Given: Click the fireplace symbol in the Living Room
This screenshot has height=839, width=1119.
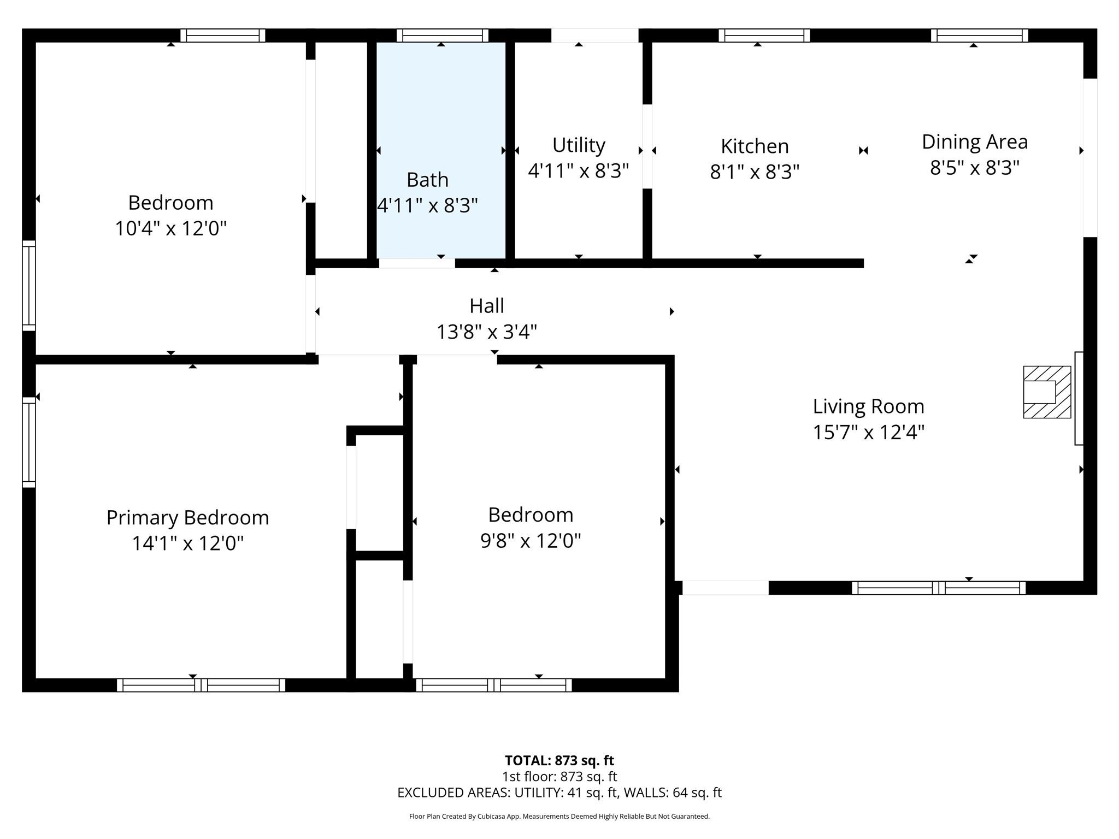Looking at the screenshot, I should coord(1046,392).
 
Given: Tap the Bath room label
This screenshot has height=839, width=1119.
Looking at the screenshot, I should coord(427,180).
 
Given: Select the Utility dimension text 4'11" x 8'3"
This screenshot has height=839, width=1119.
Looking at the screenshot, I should coord(578,171).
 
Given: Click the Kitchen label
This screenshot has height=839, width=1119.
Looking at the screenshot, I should coord(755,146).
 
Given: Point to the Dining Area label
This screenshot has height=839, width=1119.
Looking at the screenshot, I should coord(974,142).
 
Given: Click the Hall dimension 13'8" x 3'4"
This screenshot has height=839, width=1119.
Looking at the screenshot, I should coord(486,332).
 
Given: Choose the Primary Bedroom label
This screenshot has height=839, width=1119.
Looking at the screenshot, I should coord(187,518).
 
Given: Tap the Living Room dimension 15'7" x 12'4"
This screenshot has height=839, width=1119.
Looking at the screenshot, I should coord(868,432).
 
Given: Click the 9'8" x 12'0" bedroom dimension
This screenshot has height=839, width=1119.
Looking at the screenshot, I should coord(530,541).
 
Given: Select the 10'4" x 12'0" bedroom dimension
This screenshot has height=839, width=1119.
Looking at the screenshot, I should coord(170,228).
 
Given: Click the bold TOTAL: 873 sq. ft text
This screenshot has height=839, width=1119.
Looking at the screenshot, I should coord(559,760).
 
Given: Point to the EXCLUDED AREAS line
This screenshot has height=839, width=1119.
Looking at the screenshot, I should coord(559,793).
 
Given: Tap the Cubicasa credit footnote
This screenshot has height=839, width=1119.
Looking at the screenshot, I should coord(559,817).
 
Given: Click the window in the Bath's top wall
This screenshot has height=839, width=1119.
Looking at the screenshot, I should coord(442,36).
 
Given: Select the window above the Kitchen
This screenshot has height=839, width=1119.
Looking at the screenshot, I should coord(763,36).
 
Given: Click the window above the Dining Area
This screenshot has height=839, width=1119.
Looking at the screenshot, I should coord(979,36).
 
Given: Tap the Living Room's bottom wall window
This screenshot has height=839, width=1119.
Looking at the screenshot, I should coord(938,588).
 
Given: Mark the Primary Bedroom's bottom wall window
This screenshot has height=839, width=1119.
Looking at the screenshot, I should coord(201,685).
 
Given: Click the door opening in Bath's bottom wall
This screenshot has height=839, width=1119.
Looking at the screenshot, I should coord(416,263).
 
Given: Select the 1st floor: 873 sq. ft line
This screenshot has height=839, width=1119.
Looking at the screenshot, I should coord(559,776).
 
